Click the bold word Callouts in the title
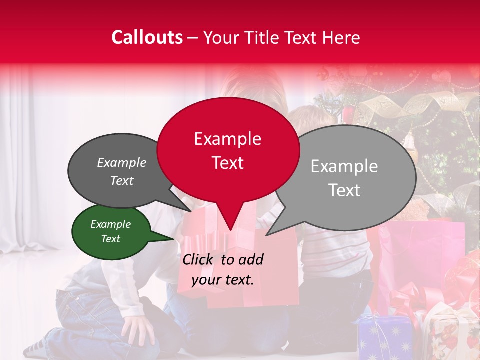tap(147, 37)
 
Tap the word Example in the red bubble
tap(228, 139)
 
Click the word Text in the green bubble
tap(111, 239)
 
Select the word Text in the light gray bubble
tap(345, 190)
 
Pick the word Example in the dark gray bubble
tap(122, 163)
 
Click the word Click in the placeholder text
tap(198, 259)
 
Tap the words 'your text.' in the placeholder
tap(223, 280)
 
